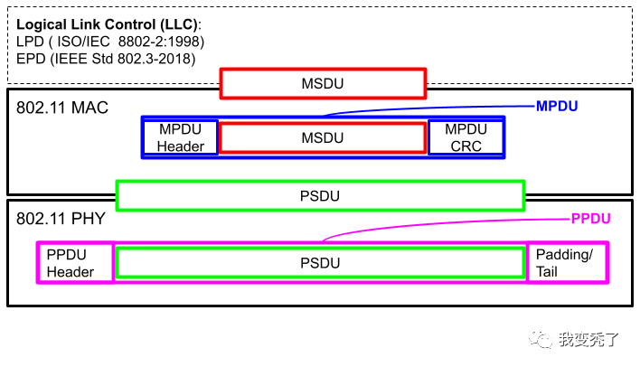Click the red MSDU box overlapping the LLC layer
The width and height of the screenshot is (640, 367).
[x=323, y=84]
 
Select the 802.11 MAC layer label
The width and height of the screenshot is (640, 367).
[x=62, y=108]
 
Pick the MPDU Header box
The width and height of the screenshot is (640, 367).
[x=181, y=137]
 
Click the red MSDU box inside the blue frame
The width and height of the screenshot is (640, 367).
[x=323, y=137]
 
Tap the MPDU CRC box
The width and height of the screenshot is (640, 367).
[x=465, y=137]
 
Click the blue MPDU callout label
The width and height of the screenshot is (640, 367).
[x=557, y=107]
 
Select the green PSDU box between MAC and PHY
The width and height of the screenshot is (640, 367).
[x=320, y=195]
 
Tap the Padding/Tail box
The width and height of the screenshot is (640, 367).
[x=567, y=262]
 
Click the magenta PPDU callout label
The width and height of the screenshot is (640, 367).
[x=591, y=219]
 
